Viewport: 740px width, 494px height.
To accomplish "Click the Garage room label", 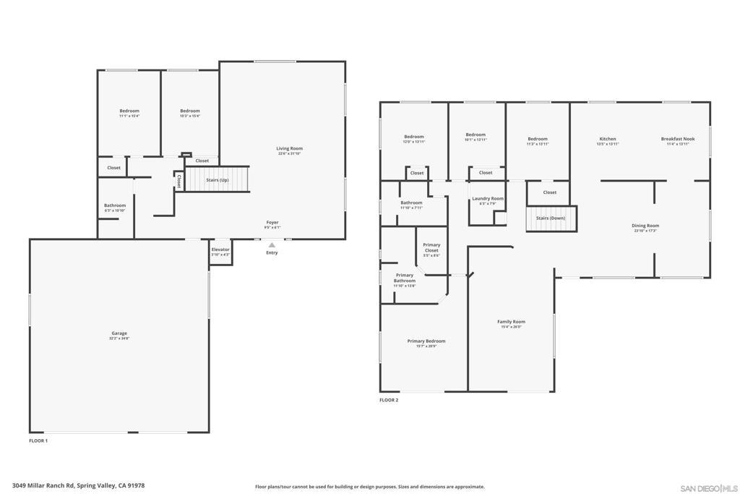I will tap(119, 335).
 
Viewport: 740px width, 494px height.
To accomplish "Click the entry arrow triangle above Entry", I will tap(272, 245).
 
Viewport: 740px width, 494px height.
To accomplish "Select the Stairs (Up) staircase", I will tap(217, 179).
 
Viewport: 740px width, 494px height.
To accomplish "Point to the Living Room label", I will tap(289, 150).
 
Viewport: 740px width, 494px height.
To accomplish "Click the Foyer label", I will tap(272, 224).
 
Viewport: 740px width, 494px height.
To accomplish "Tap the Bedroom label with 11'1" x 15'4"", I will tap(129, 113).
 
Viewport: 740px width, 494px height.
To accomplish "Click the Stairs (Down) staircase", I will tap(551, 218).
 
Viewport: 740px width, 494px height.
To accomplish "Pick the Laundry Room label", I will tap(488, 200).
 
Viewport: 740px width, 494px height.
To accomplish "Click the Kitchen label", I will tap(607, 140).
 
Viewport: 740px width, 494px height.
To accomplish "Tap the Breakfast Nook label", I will tap(677, 140).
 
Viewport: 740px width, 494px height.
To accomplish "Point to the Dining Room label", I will tap(645, 227).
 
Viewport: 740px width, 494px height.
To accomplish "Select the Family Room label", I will tap(511, 323).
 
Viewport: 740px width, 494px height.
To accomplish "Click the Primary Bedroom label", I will tap(426, 343).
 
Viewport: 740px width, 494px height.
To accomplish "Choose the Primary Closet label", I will tap(431, 250).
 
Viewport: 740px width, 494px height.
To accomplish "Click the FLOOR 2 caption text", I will tap(389, 400).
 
